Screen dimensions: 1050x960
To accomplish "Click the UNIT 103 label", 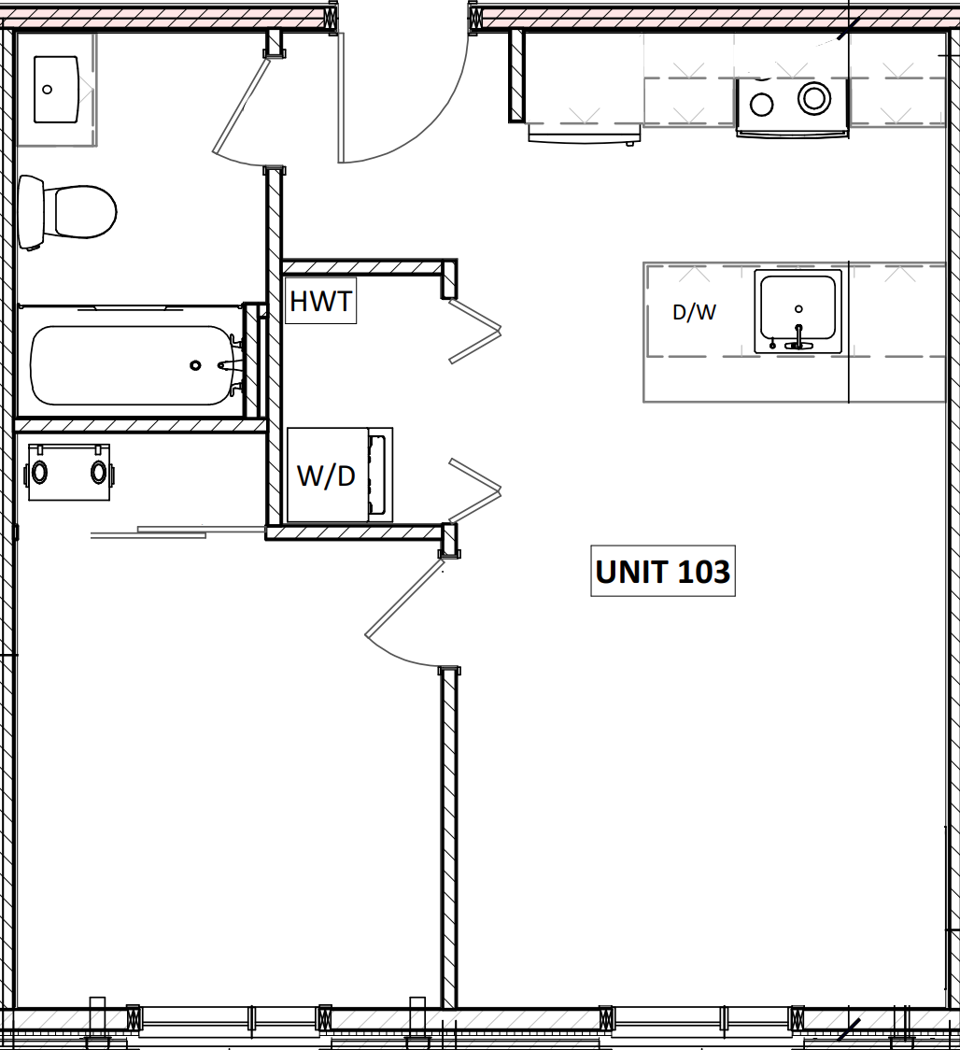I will [x=663, y=571].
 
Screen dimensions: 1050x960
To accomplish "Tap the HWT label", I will [x=320, y=302].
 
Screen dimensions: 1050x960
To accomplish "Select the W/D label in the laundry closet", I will [x=326, y=475].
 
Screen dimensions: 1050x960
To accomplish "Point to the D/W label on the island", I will [x=694, y=313].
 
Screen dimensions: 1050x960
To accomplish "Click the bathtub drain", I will [x=195, y=365].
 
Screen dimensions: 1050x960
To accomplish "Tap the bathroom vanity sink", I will [x=56, y=89].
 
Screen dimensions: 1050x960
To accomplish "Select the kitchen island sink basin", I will [x=798, y=307].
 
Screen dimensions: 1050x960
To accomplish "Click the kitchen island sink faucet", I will [x=798, y=336].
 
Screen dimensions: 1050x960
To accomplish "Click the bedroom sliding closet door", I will [x=177, y=532].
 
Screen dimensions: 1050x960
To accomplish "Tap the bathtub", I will [x=131, y=364].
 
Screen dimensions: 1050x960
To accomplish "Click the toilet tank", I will [x=31, y=212].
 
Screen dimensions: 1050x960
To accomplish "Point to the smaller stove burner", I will [x=762, y=104].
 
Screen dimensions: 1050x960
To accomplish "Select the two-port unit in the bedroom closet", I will [x=69, y=472].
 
